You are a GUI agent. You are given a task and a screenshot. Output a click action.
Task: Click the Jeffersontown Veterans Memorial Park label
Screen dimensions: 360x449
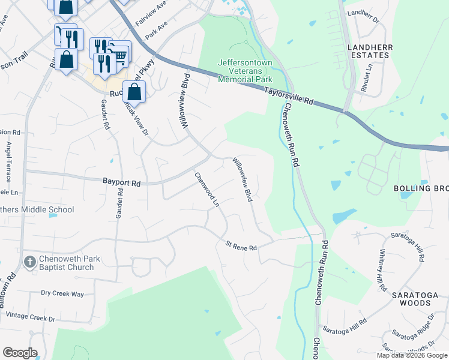point(245,71)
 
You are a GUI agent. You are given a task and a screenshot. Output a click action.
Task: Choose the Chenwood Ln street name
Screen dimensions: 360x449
point(206,190)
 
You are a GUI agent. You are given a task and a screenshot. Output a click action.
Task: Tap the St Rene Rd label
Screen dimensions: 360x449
point(241,247)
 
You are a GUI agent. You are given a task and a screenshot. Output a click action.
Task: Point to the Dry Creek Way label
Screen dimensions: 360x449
point(62,293)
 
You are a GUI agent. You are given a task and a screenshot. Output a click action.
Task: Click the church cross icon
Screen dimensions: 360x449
point(29,263)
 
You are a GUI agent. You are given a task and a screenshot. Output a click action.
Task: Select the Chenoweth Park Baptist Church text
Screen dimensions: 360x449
point(66,263)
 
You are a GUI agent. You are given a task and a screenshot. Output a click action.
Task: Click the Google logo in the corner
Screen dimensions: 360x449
point(20,353)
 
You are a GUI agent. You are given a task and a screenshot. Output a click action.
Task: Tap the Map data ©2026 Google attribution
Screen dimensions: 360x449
point(412,355)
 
